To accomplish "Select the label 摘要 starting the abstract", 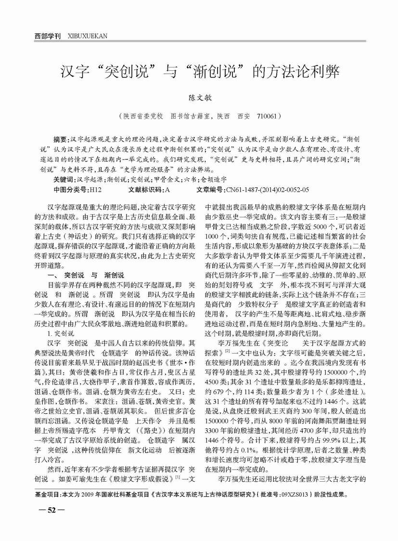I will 62,138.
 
